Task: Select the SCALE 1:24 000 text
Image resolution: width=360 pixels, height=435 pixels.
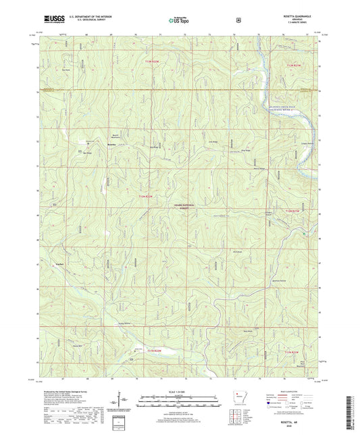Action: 179,392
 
